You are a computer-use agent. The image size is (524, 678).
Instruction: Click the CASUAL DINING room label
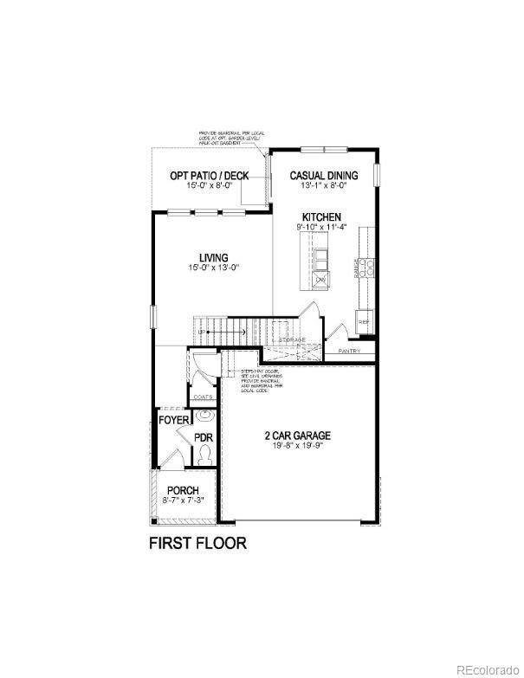[x=324, y=174]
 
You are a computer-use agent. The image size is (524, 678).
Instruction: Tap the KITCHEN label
[x=321, y=216]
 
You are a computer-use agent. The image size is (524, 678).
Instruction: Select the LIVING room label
[x=213, y=257]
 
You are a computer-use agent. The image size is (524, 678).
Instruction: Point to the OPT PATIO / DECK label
[x=209, y=176]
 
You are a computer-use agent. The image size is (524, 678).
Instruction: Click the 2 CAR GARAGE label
[x=298, y=436]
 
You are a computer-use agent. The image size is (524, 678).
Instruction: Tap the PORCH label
[x=183, y=490]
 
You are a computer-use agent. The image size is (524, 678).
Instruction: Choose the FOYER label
[x=173, y=420]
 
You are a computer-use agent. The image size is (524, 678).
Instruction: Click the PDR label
[x=204, y=437]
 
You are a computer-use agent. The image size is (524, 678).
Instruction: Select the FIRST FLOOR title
[x=198, y=544]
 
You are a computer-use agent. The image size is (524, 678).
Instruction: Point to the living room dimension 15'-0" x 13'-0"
[x=213, y=268]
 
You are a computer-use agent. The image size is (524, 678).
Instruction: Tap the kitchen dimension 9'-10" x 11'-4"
[x=321, y=227]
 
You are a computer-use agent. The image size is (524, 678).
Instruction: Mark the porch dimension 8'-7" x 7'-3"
[x=183, y=500]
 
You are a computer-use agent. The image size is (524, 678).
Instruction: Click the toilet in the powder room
[x=205, y=454]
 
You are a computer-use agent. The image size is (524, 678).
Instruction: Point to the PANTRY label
[x=350, y=351]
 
